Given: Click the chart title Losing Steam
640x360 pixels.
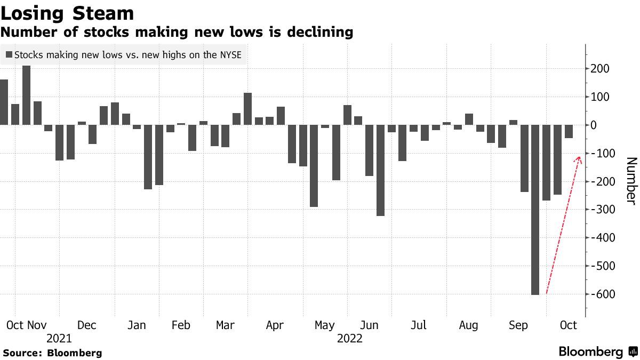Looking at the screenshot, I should pos(67,13).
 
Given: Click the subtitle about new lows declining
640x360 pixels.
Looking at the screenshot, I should pos(177,33).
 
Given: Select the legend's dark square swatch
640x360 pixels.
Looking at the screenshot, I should pos(9,54).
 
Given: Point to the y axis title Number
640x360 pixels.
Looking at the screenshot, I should pos(630,180).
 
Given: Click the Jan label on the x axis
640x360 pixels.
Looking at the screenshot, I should pos(137,325).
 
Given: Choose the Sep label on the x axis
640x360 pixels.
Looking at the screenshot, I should pos(518,325).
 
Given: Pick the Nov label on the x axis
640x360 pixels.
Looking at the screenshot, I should pos(37,325).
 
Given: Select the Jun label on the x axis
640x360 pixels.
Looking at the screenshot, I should pos(370,325).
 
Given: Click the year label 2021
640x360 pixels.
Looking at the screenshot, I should pos(59,339).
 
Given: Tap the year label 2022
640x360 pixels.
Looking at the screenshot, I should pos(349,339).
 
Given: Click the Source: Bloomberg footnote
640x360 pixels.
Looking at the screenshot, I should pos(52,353).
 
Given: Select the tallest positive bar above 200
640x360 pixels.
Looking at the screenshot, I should pos(26,95).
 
